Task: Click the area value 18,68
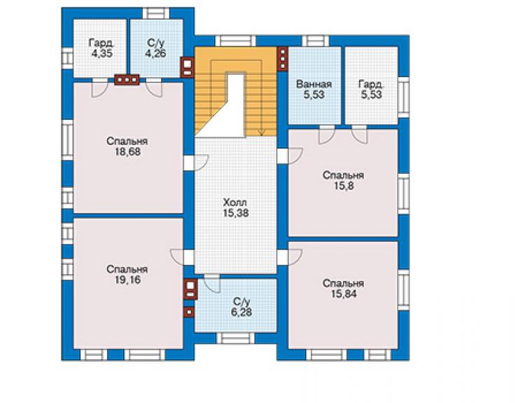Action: (128, 152)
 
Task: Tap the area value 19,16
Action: (128, 280)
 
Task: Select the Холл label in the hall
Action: (235, 203)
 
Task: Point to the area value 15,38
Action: (235, 213)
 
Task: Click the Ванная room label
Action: (314, 84)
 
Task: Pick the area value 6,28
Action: (241, 312)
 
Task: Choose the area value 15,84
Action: (344, 294)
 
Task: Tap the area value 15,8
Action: (344, 186)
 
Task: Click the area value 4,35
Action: (101, 53)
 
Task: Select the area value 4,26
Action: (155, 53)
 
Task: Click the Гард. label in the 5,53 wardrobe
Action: (372, 84)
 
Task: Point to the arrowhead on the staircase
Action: (261, 133)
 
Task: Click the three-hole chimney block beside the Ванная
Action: (283, 59)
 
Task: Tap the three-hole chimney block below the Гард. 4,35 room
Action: (127, 80)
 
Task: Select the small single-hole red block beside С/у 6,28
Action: (188, 311)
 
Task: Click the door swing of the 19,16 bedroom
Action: (177, 256)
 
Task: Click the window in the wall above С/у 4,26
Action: (156, 13)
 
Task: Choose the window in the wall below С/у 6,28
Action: (235, 338)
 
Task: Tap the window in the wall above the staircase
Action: (235, 41)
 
